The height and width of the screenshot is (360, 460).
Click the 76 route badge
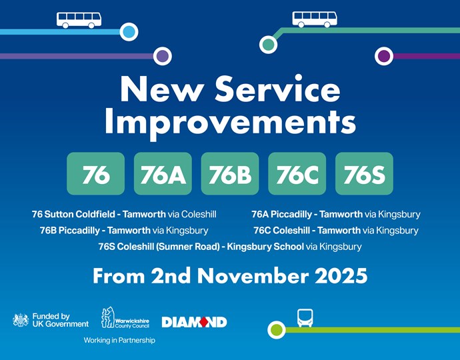click(96, 174)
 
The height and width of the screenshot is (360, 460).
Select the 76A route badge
click(163, 174)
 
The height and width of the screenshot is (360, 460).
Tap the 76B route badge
click(230, 174)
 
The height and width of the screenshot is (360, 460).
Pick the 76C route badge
click(297, 174)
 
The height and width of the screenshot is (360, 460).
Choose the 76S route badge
click(364, 174)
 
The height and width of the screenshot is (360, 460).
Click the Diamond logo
click(194, 322)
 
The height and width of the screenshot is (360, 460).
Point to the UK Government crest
click(21, 320)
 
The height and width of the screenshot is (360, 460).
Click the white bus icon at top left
click(79, 19)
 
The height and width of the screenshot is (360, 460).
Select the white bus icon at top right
click(315, 19)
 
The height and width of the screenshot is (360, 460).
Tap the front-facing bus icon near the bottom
click(305, 318)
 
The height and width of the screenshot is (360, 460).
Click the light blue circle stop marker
click(129, 31)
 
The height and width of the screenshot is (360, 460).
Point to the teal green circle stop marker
click(269, 45)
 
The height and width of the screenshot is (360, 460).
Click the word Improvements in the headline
click(230, 123)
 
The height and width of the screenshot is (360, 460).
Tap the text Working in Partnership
click(119, 340)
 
